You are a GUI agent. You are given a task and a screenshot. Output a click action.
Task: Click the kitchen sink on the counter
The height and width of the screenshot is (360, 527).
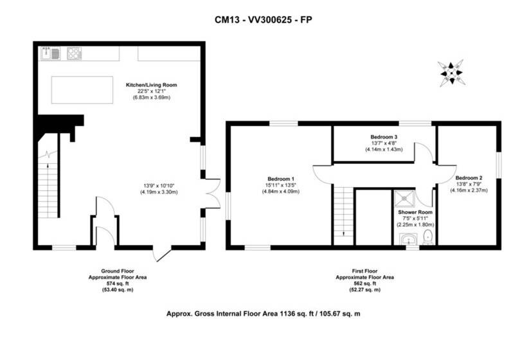(50, 53)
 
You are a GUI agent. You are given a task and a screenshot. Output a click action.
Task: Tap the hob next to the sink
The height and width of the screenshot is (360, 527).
(75, 53)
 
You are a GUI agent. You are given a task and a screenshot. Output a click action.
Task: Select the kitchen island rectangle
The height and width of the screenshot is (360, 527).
(82, 90)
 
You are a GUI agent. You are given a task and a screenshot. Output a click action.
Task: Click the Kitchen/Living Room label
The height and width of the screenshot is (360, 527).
(151, 85)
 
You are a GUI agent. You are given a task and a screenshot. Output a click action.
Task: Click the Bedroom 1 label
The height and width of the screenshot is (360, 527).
(281, 179)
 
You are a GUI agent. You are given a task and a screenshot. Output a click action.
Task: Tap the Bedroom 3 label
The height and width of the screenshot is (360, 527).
(384, 137)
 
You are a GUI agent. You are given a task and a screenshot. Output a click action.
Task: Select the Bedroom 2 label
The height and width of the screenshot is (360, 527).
(469, 178)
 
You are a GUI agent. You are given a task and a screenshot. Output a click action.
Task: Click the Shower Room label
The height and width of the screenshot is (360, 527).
(415, 212)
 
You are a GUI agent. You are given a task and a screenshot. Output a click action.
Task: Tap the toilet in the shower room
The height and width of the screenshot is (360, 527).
(428, 237)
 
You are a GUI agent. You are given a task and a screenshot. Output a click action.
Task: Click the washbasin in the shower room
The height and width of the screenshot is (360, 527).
(408, 239)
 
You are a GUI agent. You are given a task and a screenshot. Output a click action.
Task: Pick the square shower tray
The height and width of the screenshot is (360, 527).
(404, 199)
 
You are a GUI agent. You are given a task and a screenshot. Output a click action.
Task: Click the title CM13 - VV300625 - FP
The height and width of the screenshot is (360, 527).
(263, 20)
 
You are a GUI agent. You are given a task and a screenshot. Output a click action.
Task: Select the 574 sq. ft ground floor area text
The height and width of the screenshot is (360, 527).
(118, 283)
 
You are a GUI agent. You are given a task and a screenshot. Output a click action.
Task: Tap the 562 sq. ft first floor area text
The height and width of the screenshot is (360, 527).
(364, 283)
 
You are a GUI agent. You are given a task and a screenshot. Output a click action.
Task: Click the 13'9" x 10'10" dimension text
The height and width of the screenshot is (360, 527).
(159, 186)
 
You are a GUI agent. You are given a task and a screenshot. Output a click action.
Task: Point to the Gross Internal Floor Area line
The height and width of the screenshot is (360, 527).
(263, 314)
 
